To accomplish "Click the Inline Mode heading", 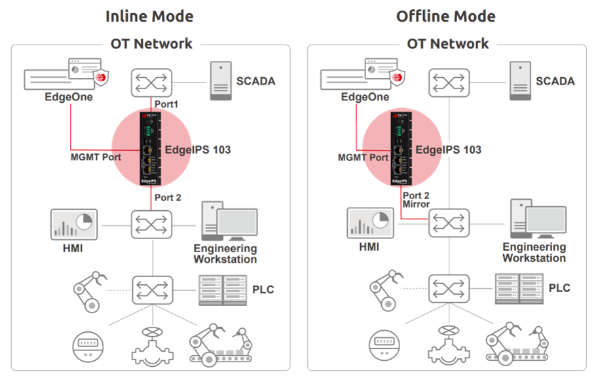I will click(149, 16).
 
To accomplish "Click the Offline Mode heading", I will click(445, 16).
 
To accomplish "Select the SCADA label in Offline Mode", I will click(555, 82).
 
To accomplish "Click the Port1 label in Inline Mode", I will click(166, 105).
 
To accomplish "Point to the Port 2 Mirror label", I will click(417, 200).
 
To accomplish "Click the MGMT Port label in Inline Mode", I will click(95, 157).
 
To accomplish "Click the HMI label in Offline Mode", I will click(369, 247).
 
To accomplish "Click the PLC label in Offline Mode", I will click(559, 288).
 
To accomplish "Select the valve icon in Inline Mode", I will click(152, 343).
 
